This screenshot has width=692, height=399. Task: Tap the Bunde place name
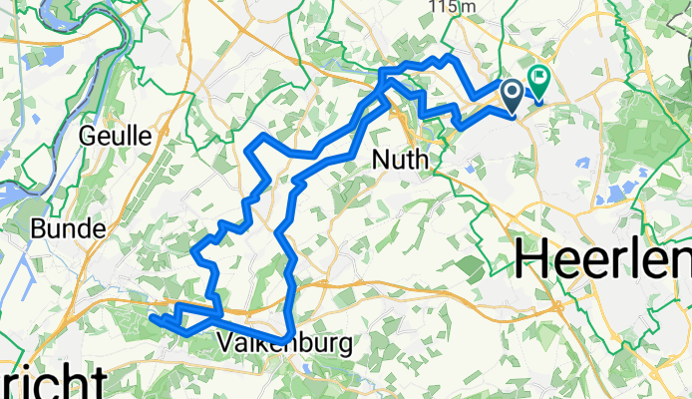coord(69,229)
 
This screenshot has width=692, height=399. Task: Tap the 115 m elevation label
coord(451,6)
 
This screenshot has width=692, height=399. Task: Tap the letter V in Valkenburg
coord(224,345)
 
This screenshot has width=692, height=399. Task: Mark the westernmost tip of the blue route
coord(152,318)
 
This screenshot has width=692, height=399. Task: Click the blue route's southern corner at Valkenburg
coord(288,336)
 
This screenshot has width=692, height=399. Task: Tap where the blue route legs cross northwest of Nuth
coord(384,100)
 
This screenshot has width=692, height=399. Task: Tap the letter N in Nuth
coord(378,160)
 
